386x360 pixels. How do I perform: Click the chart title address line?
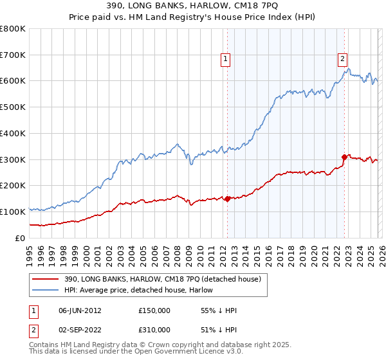point(192,6)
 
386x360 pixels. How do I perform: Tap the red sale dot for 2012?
point(227,199)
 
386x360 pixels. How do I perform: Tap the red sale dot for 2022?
point(344,156)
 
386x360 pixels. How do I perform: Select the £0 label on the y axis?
point(19,238)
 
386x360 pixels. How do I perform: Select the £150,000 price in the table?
point(154,310)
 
